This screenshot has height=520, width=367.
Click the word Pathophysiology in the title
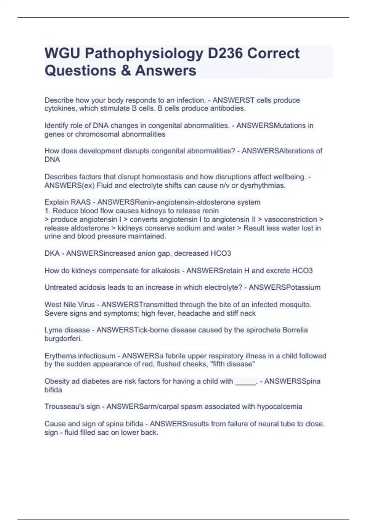pyautogui.click(x=144, y=54)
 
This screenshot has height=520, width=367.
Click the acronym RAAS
pyautogui.click(x=80, y=202)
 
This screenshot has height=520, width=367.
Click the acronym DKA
pyautogui.click(x=52, y=254)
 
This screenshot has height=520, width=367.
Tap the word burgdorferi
pyautogui.click(x=63, y=339)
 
